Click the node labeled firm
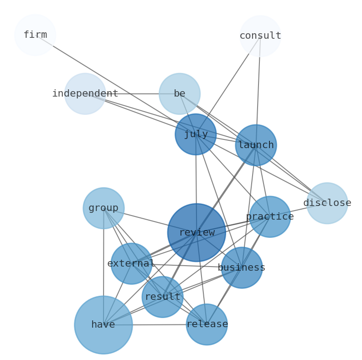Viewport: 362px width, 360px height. [x=35, y=35]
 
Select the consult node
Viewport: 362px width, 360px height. [x=260, y=36]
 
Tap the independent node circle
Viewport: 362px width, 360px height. [x=85, y=94]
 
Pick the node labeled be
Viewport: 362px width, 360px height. [x=180, y=94]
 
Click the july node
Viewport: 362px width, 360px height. [x=196, y=134]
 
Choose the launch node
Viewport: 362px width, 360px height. [x=256, y=145]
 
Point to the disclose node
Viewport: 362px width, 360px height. [x=327, y=203]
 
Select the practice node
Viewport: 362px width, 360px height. [x=270, y=217]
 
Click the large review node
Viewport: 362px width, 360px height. [x=197, y=232]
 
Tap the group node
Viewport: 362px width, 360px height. [x=103, y=208]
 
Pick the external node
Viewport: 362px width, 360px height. [x=131, y=263]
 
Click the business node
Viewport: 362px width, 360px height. [x=242, y=267]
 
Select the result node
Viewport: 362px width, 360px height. [x=162, y=297]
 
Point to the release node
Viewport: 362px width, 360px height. [x=207, y=324]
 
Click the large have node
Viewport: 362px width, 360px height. [x=103, y=325]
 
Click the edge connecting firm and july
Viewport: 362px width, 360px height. [x=114, y=84]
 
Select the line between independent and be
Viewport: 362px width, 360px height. [x=137, y=94]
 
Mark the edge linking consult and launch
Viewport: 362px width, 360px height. [x=258, y=91]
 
